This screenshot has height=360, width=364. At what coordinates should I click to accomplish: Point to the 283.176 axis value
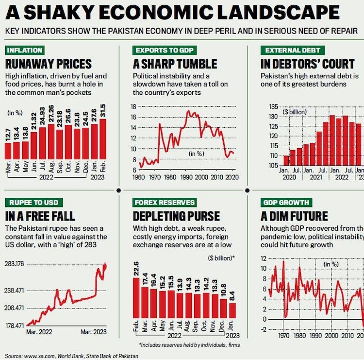[15, 265]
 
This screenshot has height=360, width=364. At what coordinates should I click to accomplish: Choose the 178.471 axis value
[15, 326]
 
